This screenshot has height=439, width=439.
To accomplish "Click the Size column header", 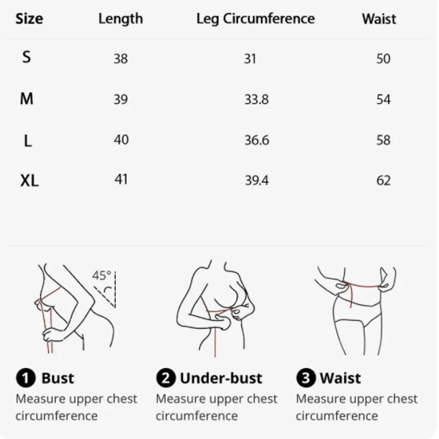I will pos(29,19).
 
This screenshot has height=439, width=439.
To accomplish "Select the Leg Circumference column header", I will pos(255,19).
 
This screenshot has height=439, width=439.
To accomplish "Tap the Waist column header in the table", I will pos(379,19).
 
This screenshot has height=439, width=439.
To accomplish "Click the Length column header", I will pos(120,19).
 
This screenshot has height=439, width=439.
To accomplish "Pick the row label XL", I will pos(30,181).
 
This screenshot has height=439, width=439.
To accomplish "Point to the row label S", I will pos(26,57).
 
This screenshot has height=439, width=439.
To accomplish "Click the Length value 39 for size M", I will pos(121,99).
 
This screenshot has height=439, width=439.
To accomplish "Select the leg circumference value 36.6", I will pos(256,140).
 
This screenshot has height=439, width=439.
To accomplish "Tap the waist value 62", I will pos(384,181).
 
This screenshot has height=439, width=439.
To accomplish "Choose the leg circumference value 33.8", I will pos(256,99).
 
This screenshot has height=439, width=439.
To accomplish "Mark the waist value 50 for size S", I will pos(384,58).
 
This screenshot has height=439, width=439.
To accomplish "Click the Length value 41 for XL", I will pos(121,179).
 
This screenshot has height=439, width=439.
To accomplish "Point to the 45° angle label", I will pos(102,275).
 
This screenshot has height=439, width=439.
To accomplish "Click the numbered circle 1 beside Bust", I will pos(25,378).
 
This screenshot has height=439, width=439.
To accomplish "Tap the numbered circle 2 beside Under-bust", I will pos(165,378).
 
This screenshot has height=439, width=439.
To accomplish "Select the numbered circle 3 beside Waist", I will pos(306,378).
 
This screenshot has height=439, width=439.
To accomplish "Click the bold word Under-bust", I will pos(221,378).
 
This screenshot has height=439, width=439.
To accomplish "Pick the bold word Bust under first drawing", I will pos(57,378).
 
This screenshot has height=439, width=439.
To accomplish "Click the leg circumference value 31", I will pos(250,58).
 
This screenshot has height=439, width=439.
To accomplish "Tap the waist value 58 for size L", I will pos(384,140).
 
